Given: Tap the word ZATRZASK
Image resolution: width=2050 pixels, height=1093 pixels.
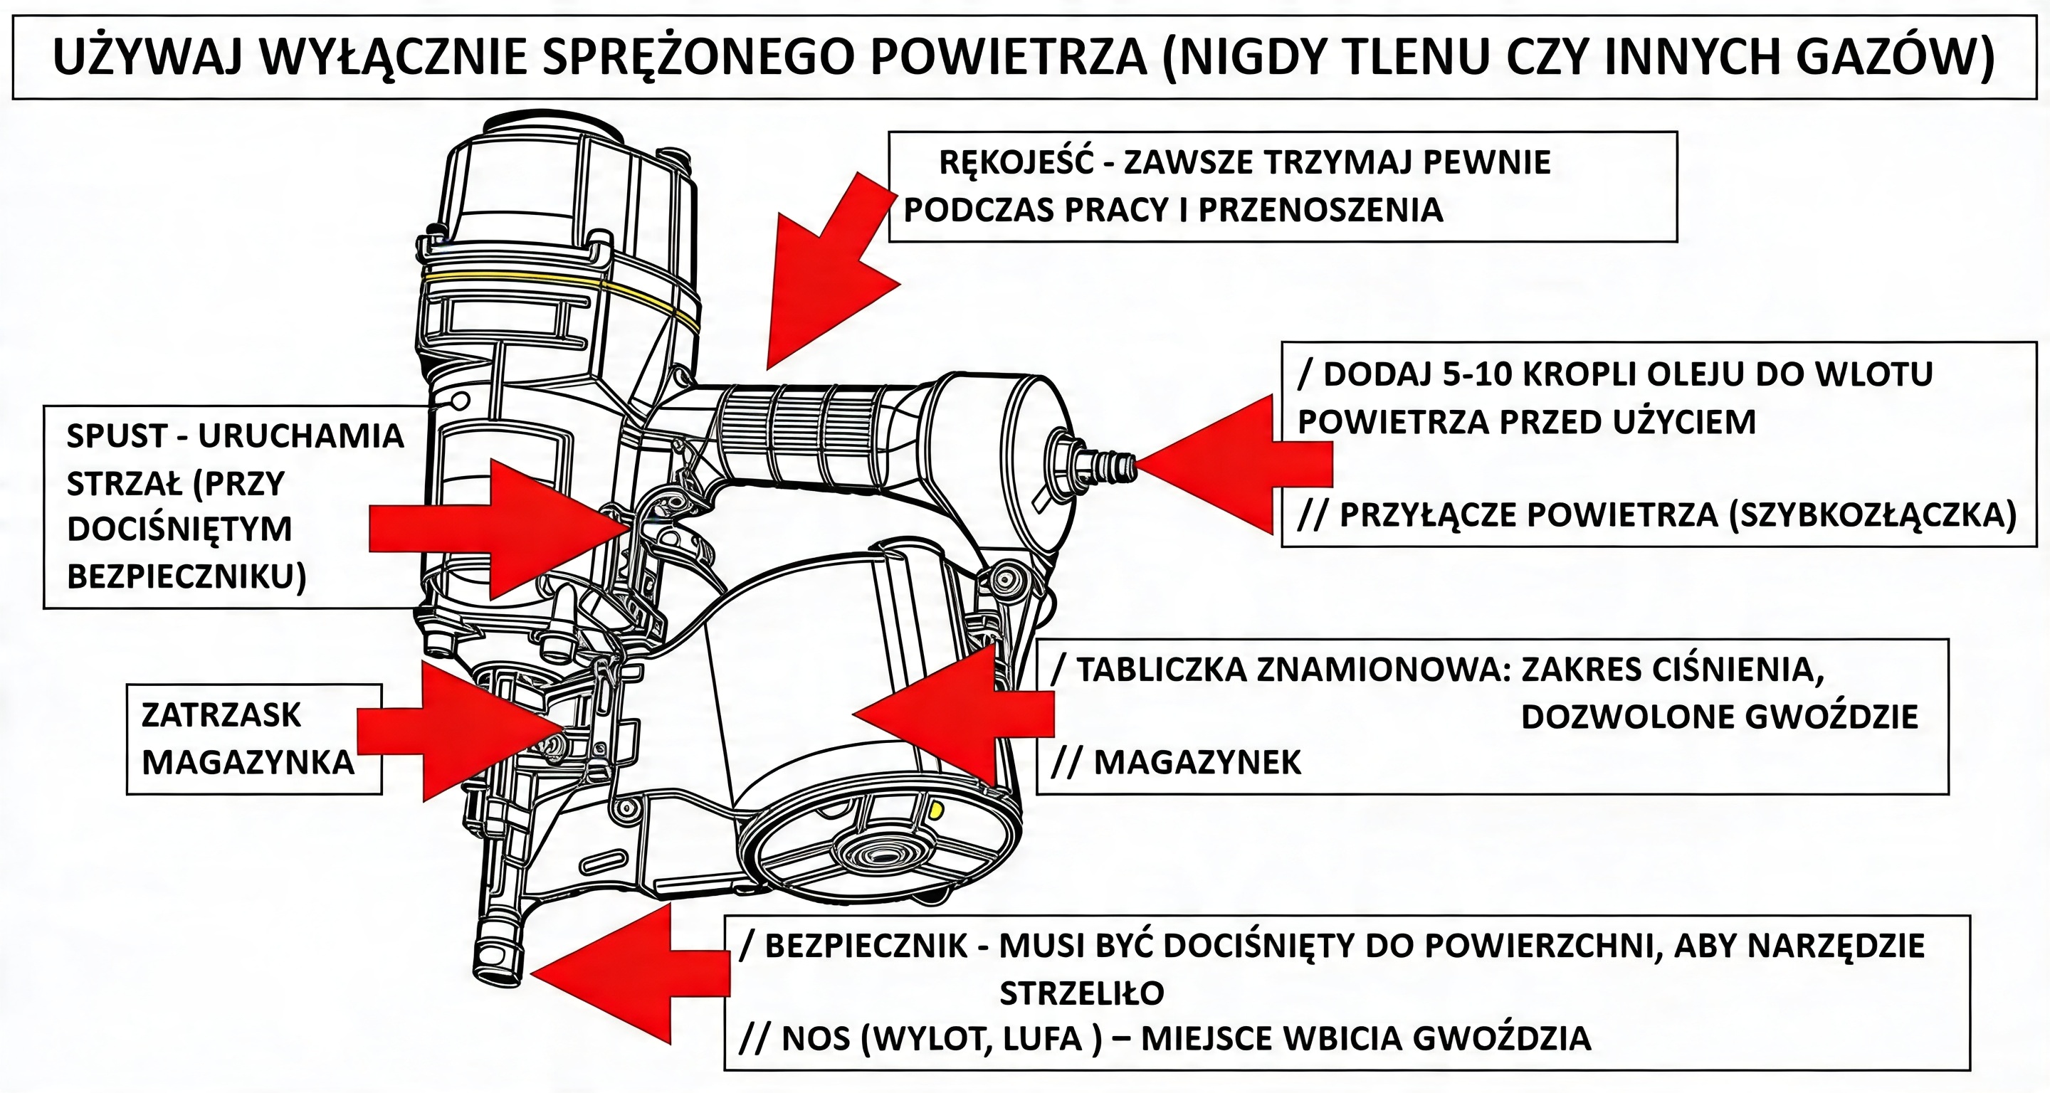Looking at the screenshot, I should (x=221, y=716).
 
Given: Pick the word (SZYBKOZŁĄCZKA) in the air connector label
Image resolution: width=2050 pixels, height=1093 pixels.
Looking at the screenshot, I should (x=1873, y=515).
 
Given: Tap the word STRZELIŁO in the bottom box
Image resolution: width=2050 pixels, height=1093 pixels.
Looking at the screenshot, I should (x=1081, y=993).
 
